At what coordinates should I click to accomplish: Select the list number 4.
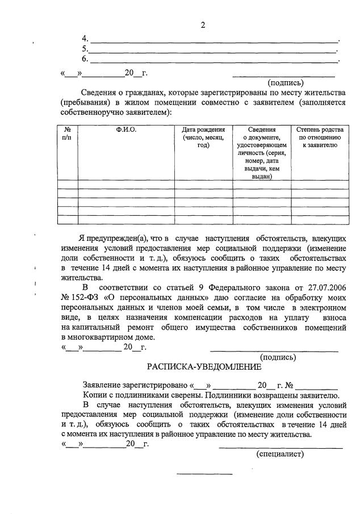[x=85, y=38]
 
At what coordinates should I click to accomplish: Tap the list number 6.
[x=85, y=58]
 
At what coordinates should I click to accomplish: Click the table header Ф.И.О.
[x=126, y=130]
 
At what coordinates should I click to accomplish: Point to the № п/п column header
[x=68, y=134]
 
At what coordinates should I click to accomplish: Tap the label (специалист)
[x=280, y=454]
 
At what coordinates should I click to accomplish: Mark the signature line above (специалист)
[x=281, y=448]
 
